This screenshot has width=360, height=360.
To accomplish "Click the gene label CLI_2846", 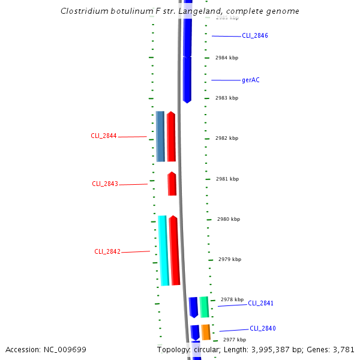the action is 254,36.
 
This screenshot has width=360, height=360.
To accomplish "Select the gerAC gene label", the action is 251,80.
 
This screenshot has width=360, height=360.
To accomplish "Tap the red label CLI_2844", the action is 103,136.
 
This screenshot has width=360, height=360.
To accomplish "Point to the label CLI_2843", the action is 105,184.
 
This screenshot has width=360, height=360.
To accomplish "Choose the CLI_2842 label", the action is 107,252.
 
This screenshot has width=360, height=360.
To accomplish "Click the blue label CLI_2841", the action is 260,304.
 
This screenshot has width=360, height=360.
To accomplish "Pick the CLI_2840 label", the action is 263,329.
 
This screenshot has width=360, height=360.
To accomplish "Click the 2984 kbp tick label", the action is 227,58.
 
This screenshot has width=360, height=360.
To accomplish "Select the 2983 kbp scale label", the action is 227,98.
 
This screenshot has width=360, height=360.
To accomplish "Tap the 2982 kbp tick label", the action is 227,138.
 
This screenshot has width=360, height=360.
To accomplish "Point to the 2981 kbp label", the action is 227,179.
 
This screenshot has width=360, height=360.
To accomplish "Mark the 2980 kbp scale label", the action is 229,220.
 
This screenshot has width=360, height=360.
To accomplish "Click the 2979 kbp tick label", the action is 230,260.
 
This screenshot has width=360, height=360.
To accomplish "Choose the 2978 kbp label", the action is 232,299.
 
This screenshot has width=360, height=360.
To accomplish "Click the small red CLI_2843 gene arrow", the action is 172,184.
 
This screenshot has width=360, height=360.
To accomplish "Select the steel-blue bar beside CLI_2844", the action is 160,136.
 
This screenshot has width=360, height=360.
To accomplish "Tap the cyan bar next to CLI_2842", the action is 163,250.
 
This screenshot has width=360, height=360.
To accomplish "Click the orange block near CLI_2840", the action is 206,332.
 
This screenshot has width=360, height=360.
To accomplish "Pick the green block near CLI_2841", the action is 204,307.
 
